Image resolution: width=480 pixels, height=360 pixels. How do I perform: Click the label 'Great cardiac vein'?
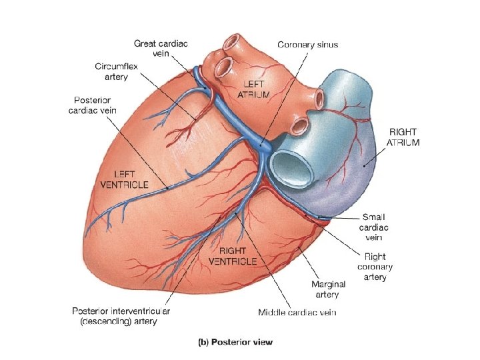pos(161,48)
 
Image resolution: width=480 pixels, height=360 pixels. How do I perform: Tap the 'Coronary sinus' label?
pos(307,45)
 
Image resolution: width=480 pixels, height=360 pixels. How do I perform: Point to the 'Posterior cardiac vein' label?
pos(92,105)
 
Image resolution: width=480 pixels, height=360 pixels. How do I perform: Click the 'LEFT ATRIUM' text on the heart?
pos(253,89)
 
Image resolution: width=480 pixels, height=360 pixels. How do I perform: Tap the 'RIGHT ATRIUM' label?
pos(404,138)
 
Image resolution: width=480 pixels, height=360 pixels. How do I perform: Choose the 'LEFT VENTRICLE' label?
pos(124,179)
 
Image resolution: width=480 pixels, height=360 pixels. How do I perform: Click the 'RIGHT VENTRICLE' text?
pos(233,256)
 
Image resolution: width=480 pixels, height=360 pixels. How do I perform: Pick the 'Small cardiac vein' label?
pos(374,226)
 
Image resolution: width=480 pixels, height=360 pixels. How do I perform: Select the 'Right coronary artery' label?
pos(374,266)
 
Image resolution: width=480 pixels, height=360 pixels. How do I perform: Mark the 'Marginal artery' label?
pos(325,289)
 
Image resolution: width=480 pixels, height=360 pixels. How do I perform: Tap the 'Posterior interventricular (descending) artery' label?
pos(121,316)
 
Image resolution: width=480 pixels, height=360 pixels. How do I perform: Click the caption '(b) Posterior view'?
pos(237,343)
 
